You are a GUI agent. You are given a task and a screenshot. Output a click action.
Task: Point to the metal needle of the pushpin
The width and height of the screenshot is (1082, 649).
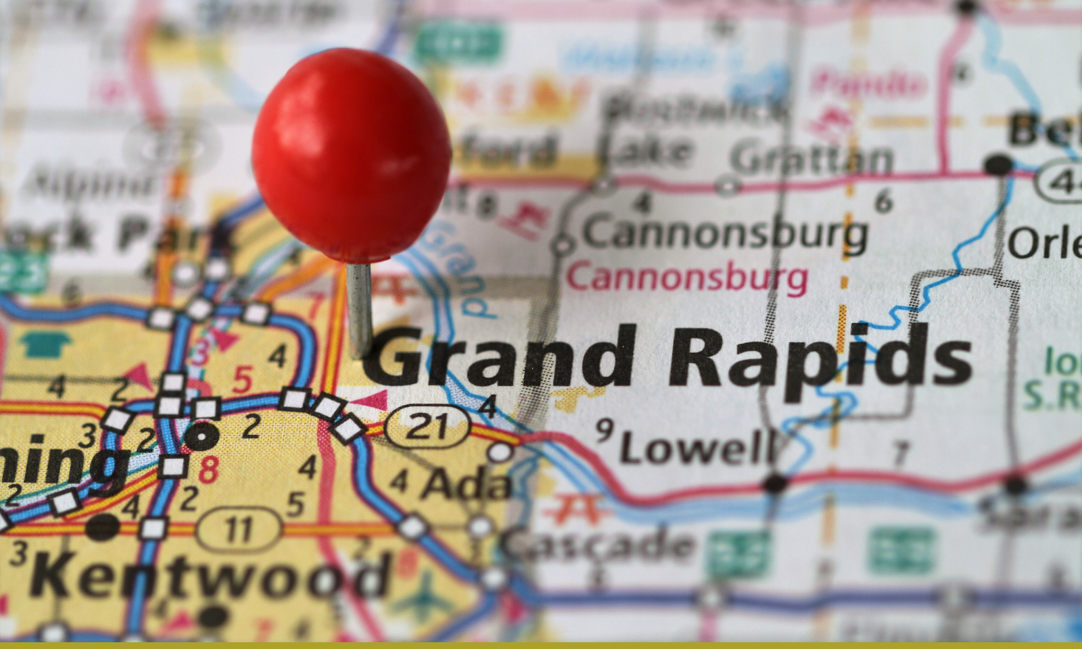point(358,308)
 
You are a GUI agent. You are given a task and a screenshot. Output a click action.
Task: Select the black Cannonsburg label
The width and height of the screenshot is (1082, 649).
point(724,234)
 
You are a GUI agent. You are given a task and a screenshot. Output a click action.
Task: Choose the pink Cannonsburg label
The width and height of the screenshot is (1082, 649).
point(687,278)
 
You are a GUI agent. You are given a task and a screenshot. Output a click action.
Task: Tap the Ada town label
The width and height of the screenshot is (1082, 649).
point(467,484)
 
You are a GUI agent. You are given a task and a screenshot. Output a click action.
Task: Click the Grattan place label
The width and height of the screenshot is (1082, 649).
point(811,158)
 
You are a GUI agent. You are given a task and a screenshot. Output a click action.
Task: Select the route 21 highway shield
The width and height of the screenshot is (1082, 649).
point(427,427)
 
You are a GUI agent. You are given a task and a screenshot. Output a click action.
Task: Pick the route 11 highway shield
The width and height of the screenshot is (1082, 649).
point(238,529)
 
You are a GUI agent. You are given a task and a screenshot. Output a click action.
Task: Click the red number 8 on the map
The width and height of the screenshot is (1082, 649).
point(208,468)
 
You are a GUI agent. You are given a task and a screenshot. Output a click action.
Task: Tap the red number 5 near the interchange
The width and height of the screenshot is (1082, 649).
point(242,380)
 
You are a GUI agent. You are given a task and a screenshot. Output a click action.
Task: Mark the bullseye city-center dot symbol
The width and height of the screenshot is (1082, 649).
point(201,436)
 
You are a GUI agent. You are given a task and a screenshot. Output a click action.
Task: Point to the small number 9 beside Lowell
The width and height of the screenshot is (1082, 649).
point(604,429)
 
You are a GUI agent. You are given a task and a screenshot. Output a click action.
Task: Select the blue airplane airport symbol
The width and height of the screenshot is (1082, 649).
point(426,594)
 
